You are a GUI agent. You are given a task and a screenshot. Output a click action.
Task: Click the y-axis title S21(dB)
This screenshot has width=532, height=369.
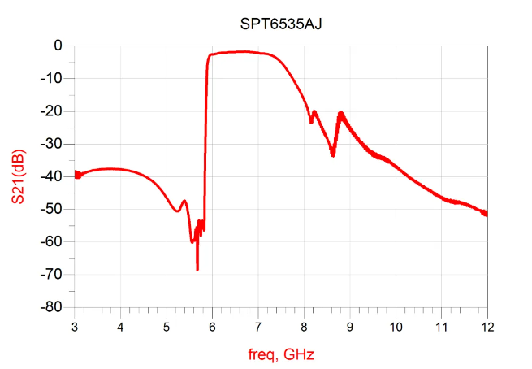click(x=19, y=176)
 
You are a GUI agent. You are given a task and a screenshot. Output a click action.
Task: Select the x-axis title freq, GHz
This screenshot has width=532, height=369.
click(x=280, y=354)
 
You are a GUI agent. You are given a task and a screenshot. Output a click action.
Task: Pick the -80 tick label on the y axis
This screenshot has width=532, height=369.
click(x=53, y=307)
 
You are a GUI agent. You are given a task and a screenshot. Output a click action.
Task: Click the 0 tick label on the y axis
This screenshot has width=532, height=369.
click(x=58, y=46)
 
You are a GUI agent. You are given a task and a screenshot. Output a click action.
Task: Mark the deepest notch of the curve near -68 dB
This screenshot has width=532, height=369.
click(x=197, y=269)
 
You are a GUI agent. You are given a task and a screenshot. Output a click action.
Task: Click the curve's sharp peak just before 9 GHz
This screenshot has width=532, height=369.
click(x=341, y=112)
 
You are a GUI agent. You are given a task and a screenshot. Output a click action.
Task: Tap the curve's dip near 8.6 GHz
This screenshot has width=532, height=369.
click(x=333, y=154)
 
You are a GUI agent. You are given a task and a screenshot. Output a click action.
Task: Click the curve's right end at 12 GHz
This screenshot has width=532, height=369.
click(x=487, y=214)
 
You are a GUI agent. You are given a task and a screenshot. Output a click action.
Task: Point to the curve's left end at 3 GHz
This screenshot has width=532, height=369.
click(x=76, y=174)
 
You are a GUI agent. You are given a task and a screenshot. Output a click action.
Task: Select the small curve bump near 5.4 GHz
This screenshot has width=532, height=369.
click(x=184, y=201)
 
